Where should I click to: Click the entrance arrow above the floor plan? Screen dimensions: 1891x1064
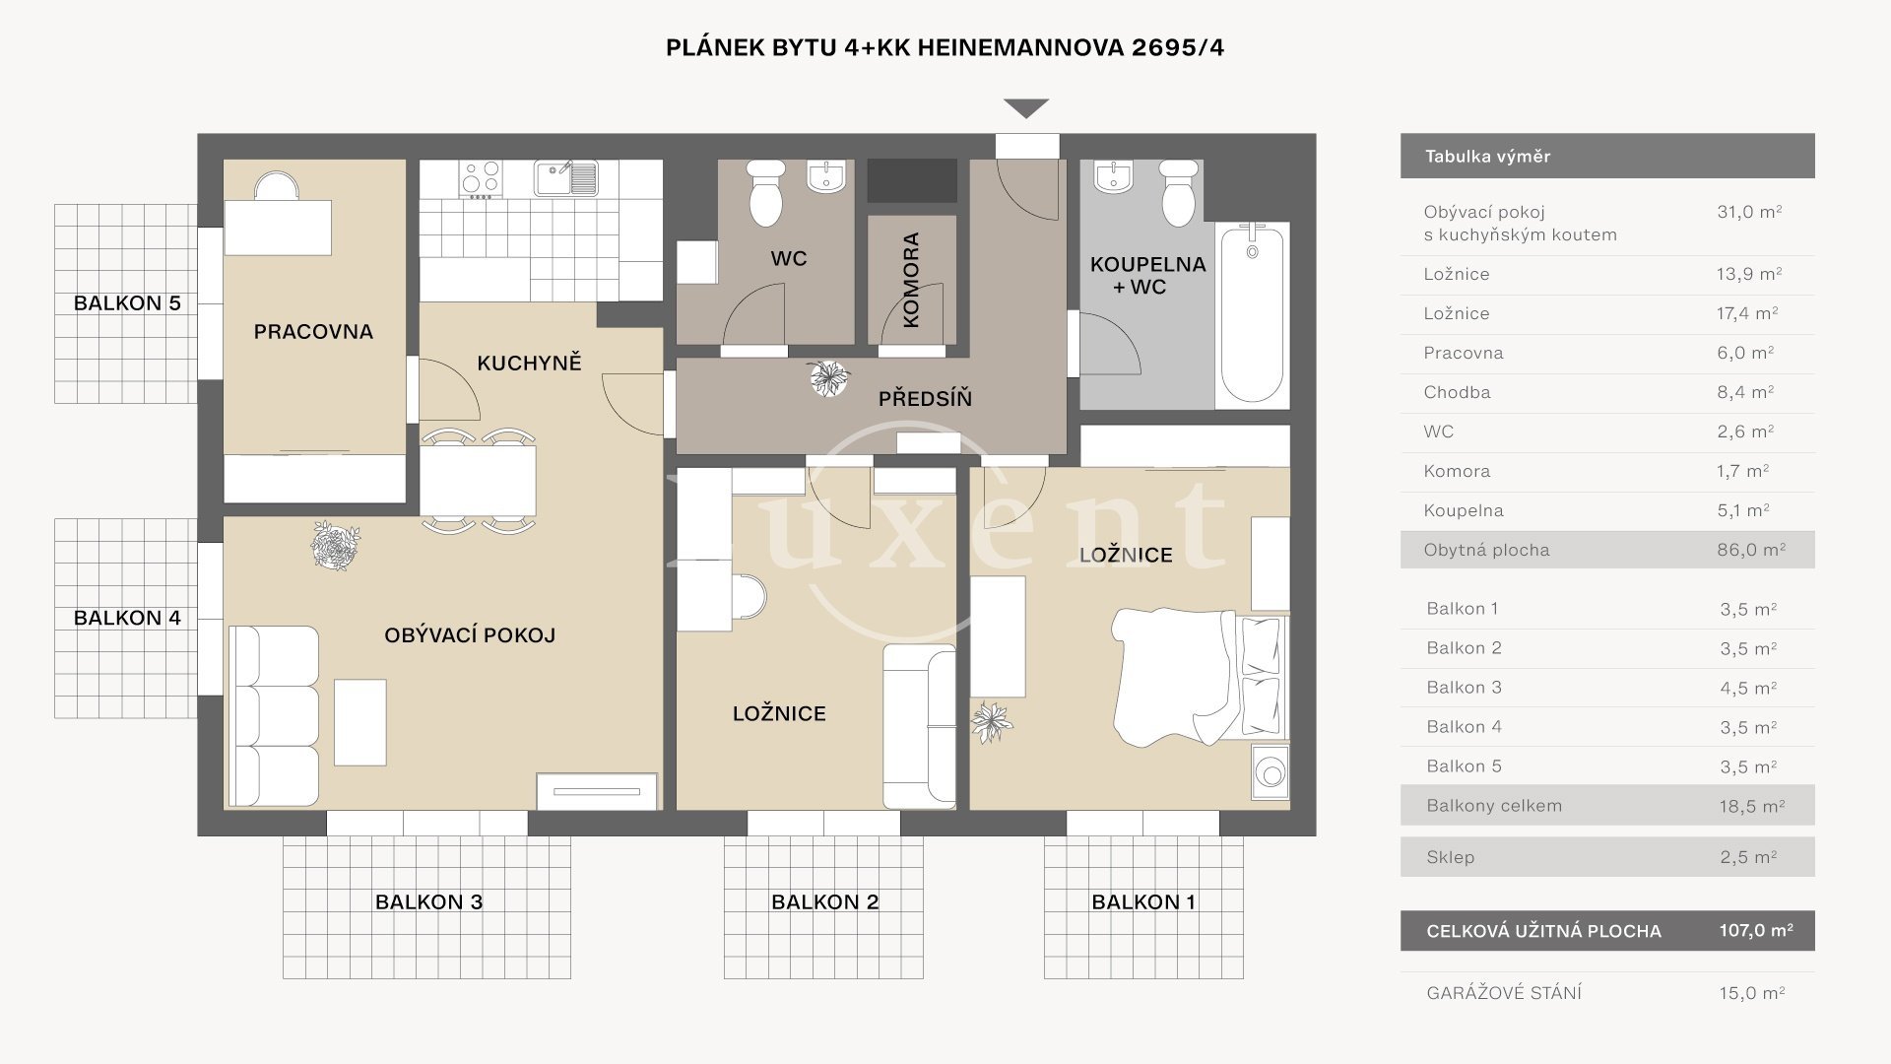point(1026,108)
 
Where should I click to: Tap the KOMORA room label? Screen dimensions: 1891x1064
point(910,280)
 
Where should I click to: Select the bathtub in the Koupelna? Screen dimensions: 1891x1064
point(1252,313)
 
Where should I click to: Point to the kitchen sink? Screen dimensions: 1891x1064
point(565,178)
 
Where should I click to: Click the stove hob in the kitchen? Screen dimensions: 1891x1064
point(481,180)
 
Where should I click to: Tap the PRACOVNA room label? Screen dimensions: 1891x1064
point(313,332)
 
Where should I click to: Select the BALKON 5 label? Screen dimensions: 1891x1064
point(127,303)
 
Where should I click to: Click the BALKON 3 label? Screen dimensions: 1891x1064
point(428,901)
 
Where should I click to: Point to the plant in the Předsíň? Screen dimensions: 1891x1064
point(828,378)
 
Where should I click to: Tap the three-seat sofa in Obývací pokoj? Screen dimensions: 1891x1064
point(275,716)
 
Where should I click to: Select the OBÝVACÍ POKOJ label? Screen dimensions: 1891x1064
point(470,634)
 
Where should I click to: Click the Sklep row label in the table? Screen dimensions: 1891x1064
point(1450,857)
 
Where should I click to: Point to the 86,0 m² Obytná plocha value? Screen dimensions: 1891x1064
point(1751,550)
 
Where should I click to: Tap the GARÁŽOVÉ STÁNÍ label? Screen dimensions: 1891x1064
point(1504,993)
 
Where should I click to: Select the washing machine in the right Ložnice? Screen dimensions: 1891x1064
point(1271,772)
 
